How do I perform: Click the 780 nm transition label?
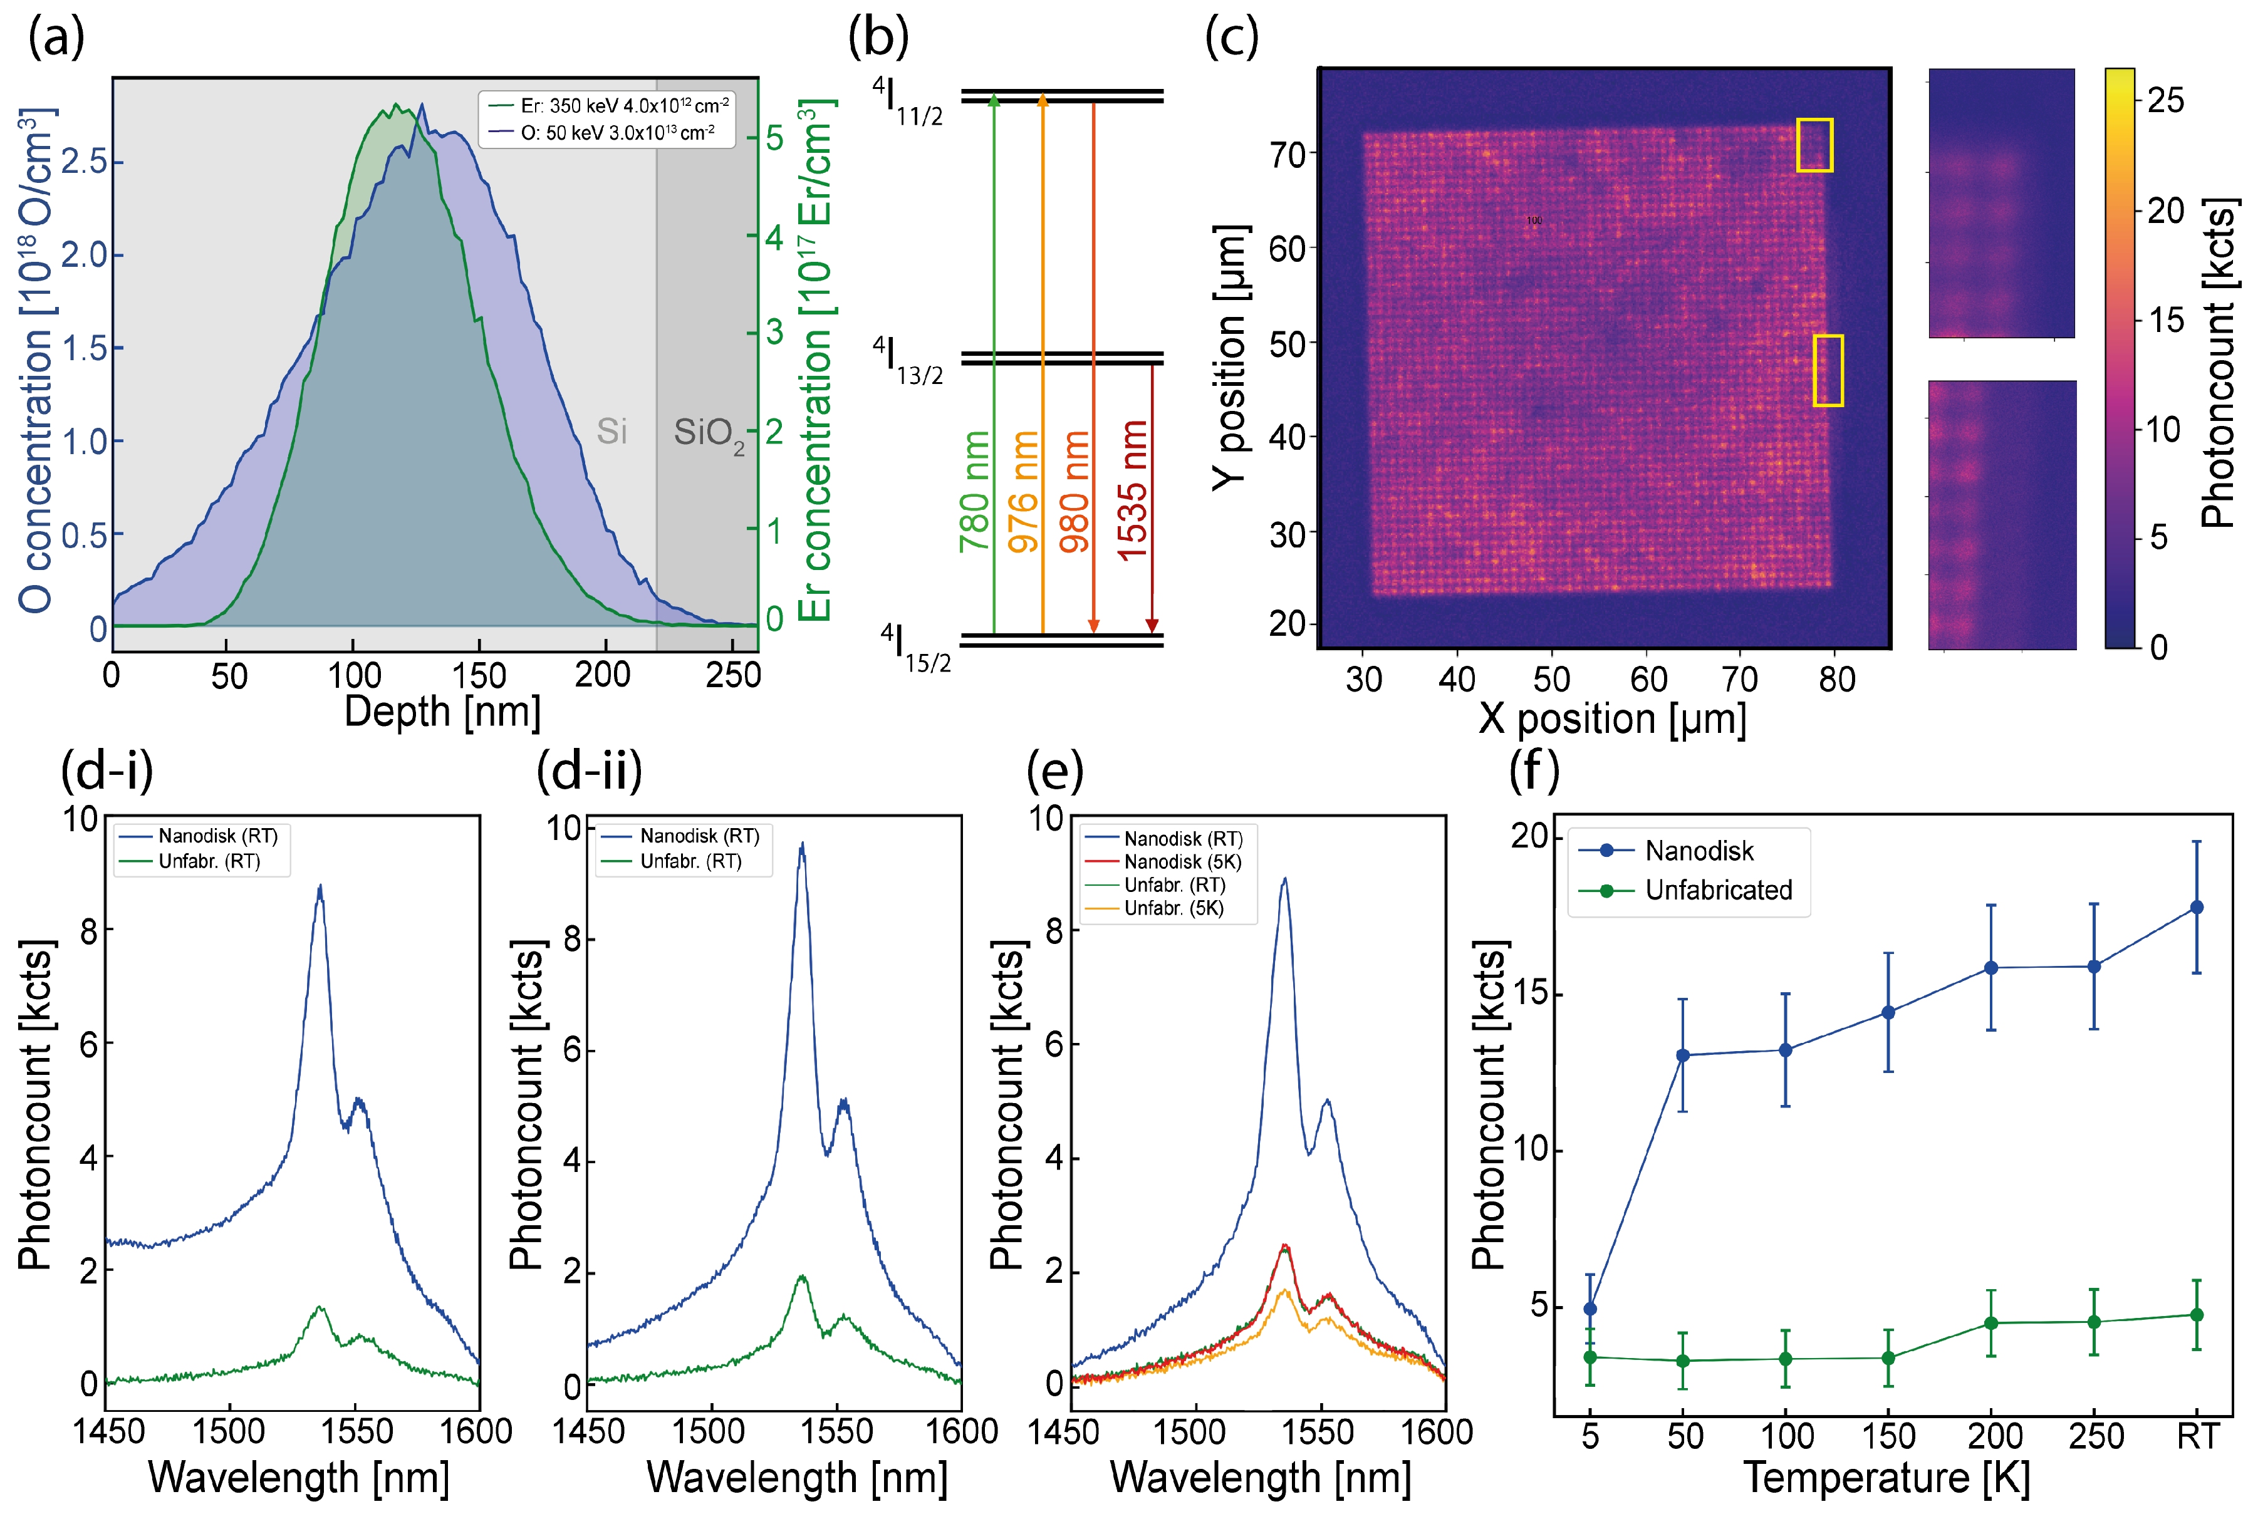(x=976, y=490)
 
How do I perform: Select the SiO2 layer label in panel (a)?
(x=709, y=433)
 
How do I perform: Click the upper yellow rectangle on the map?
(x=1813, y=145)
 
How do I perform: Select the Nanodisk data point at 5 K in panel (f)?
(x=1590, y=1309)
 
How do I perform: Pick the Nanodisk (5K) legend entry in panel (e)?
(x=1182, y=861)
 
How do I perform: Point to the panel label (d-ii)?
(x=589, y=770)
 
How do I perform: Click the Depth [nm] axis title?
(x=442, y=712)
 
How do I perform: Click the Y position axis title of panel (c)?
(x=1231, y=357)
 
